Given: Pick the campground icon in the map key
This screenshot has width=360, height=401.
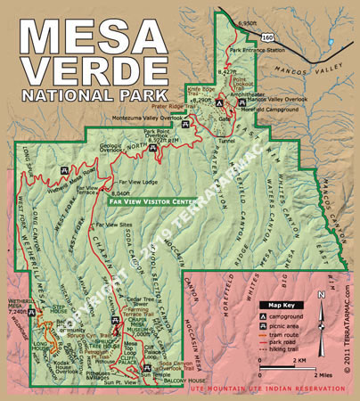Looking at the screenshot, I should point(264,316).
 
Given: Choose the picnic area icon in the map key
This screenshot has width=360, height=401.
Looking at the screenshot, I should point(264,328).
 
